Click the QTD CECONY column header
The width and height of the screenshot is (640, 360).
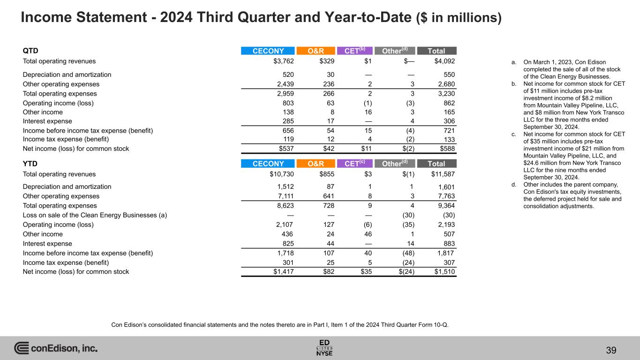point(268,51)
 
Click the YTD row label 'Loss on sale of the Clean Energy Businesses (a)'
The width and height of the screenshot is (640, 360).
point(95,215)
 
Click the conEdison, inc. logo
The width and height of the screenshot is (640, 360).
point(56,348)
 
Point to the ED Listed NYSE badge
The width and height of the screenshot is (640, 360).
point(324,348)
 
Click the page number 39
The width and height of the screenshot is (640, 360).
point(611,350)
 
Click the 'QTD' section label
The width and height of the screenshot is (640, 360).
point(30,51)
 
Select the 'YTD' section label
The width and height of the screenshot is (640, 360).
point(30,164)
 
